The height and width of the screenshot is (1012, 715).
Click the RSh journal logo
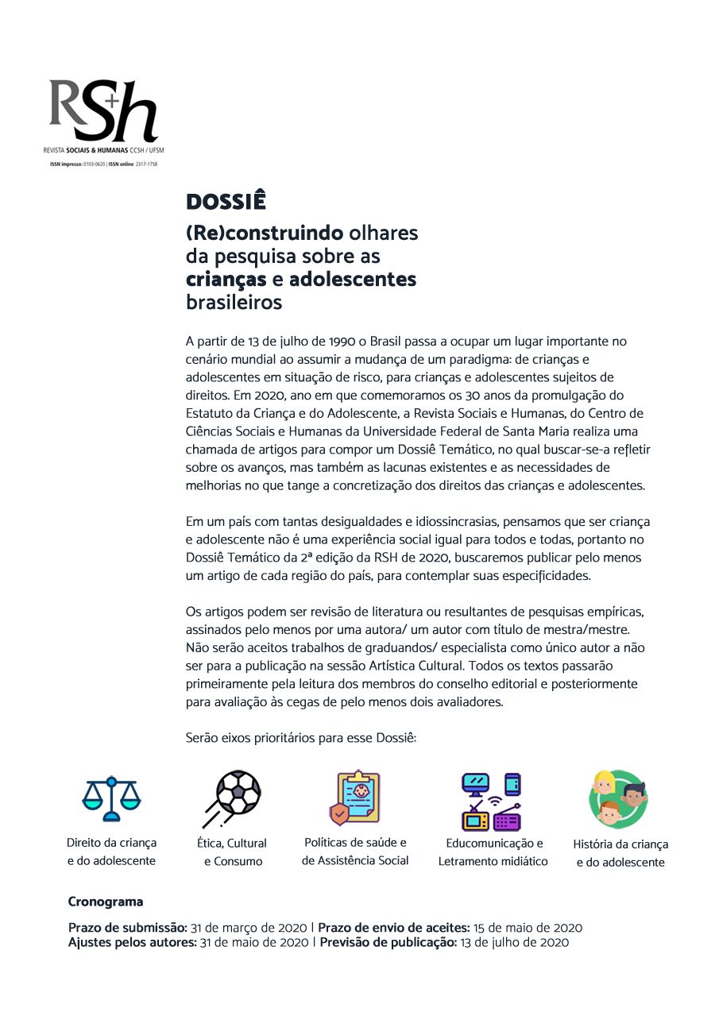[x=103, y=111]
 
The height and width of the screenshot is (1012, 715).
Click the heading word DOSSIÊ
[x=226, y=202]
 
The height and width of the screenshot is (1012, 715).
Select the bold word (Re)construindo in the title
[x=265, y=234]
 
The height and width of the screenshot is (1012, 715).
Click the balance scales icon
[x=111, y=799]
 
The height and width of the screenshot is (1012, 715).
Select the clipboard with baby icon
[x=354, y=798]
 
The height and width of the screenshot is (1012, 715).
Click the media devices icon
[x=492, y=801]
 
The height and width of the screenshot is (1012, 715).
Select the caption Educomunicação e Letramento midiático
[x=493, y=852]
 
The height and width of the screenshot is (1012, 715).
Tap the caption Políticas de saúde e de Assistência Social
[x=355, y=852]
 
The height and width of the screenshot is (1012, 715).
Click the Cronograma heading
[x=106, y=902]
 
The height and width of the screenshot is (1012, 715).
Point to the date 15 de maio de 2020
[x=528, y=928]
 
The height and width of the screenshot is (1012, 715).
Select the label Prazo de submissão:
[x=127, y=928]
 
